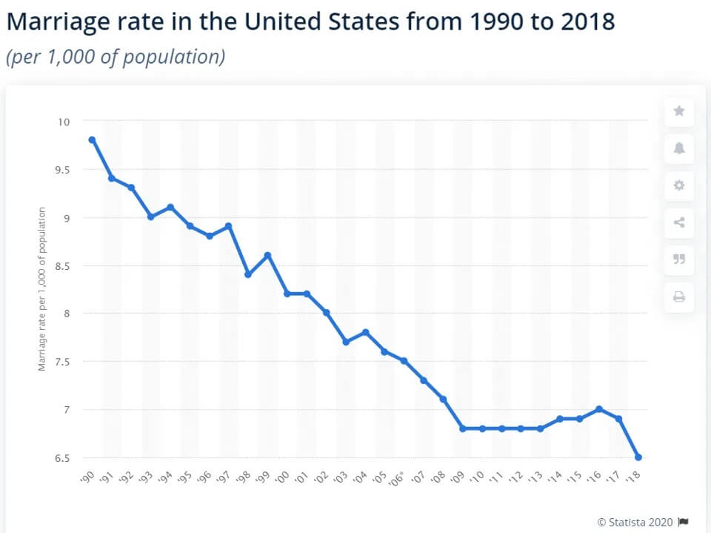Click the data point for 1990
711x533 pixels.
coord(92,139)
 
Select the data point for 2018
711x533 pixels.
coord(638,457)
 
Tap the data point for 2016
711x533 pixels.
coord(599,409)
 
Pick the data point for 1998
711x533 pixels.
coord(248,274)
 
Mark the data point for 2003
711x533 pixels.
coord(346,342)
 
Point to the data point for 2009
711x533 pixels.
coord(463,428)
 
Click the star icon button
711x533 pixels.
coord(679,111)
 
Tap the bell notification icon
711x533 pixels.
coord(679,148)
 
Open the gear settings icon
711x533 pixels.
coord(679,185)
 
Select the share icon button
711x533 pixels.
coord(679,222)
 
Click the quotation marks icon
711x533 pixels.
coord(679,259)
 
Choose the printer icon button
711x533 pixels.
coord(679,297)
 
